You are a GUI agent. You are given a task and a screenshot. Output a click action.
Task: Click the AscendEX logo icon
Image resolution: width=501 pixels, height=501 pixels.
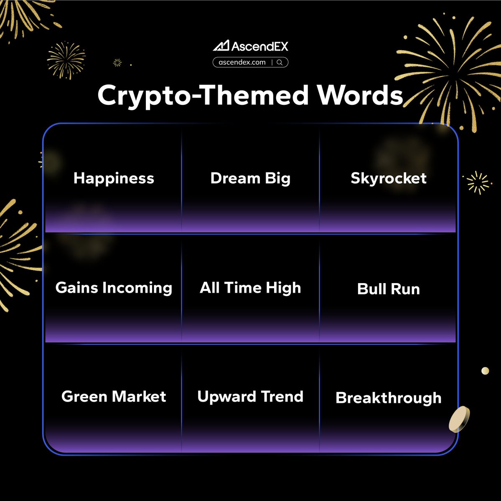pos(221,46)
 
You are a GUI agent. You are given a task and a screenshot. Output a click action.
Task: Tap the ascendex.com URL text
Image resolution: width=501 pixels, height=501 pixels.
pos(242,62)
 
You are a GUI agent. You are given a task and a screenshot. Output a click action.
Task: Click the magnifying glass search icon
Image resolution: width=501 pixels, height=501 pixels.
pos(280,62)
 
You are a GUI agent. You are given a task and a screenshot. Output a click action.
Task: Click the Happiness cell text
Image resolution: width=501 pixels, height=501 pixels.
pos(114,178)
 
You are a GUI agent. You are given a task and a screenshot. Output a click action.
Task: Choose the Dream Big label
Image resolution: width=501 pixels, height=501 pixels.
pos(250,178)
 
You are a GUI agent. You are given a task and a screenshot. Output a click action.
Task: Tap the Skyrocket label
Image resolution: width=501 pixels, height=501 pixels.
pos(388,178)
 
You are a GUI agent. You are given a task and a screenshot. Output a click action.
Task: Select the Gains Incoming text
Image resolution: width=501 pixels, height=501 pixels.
pos(114,288)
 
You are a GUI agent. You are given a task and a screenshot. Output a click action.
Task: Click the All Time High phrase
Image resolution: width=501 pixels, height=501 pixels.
pos(250,288)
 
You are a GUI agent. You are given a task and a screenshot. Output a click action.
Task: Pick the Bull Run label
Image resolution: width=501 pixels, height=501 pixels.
pos(388,289)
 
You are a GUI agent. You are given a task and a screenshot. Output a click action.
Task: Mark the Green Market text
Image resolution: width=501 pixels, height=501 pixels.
pos(114,396)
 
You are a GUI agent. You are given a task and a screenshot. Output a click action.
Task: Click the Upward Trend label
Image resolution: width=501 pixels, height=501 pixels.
pos(250,396)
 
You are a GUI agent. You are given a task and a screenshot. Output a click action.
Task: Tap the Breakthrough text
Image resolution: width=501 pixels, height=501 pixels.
pos(388,398)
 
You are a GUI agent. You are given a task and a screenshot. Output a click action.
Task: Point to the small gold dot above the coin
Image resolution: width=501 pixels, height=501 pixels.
pos(485,371)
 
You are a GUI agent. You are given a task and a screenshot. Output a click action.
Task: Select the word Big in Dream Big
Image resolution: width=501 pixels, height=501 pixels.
pos(277,179)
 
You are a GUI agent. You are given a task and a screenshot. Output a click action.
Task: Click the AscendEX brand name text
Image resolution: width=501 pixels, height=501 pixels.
pos(259,46)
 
